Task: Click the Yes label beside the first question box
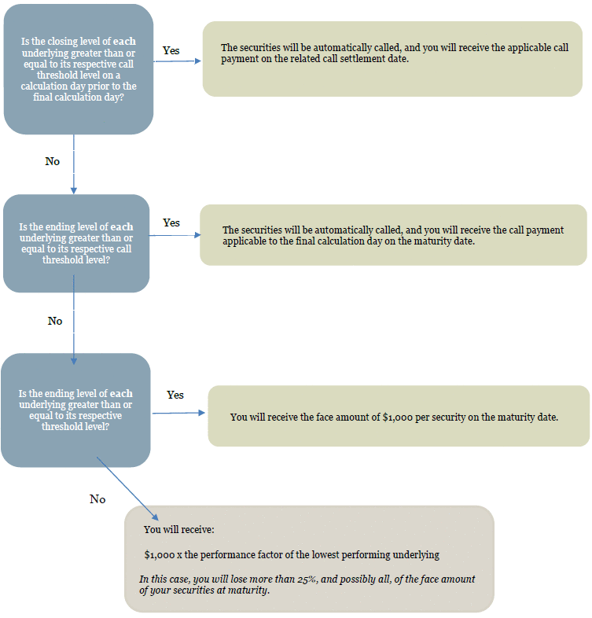(x=171, y=50)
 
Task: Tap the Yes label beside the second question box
(x=171, y=223)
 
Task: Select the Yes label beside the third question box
(x=175, y=395)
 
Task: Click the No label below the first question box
(x=52, y=161)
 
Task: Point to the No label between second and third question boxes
(x=54, y=321)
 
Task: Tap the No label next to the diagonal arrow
(x=97, y=499)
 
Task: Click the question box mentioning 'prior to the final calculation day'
(x=78, y=68)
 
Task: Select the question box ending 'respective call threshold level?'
(x=75, y=243)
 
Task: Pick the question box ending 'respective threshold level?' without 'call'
(x=75, y=410)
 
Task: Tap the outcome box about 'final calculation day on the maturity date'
(x=393, y=235)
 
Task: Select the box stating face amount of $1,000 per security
(x=398, y=416)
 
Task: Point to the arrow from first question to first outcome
(x=177, y=61)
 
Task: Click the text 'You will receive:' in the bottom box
(x=173, y=529)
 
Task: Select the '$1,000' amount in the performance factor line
(x=160, y=554)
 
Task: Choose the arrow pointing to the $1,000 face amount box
(x=178, y=413)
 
